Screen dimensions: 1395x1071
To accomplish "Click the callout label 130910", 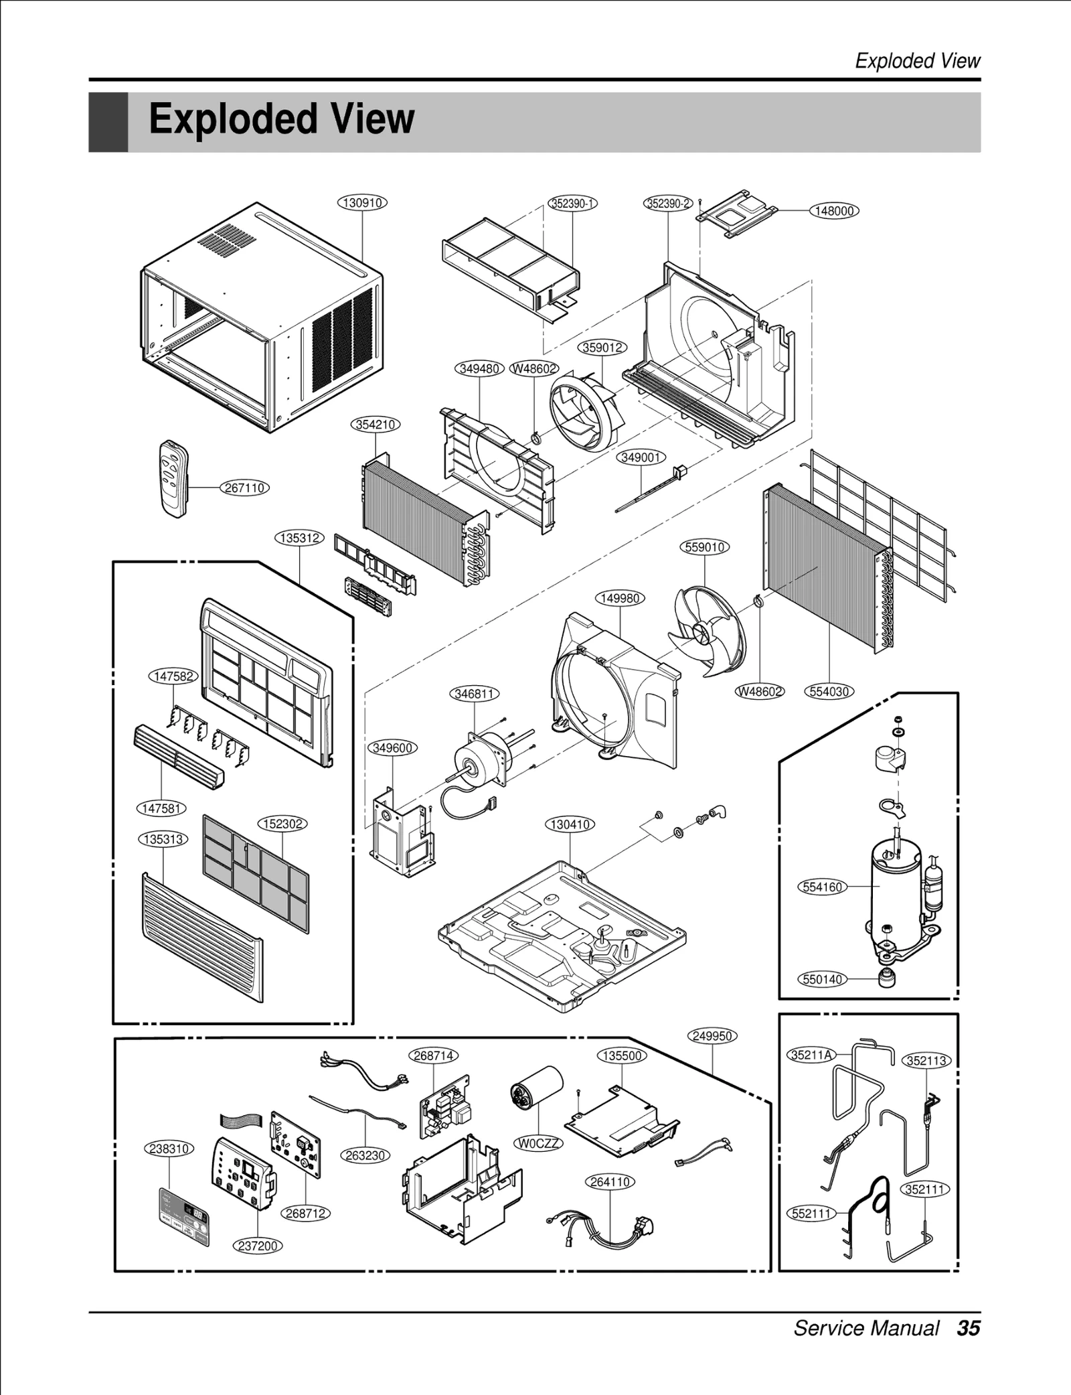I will pos(363,202).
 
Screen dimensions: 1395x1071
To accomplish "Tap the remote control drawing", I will pos(174,478).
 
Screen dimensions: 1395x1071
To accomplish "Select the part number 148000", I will pos(834,211).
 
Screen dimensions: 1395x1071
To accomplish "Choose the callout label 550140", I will pos(822,979).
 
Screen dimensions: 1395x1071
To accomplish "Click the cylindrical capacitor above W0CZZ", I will pos(535,1091).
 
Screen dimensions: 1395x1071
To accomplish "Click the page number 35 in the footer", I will pos(968,1328).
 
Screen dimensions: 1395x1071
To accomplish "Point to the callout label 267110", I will pos(245,488).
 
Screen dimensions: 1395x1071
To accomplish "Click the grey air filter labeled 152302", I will pos(256,873).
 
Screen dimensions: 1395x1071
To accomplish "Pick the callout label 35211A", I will pos(810,1055).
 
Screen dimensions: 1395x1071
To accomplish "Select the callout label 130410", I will pos(570,824).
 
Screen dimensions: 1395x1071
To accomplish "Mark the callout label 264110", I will pos(610,1182).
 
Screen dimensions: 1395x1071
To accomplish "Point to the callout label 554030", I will pos(829,692).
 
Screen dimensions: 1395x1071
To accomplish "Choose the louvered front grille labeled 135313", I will pos(202,936).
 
